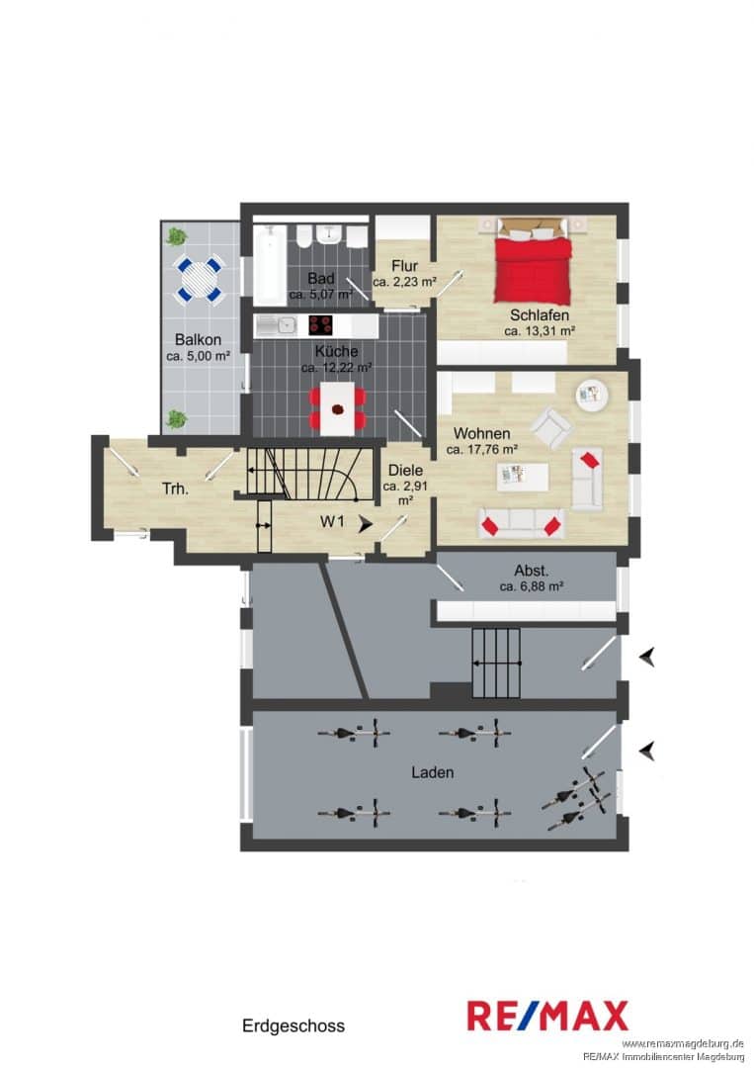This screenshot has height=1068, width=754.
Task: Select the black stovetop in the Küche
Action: [x=320, y=325]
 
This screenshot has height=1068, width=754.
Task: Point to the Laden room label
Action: [x=432, y=772]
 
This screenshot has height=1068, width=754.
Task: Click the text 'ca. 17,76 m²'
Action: [x=482, y=450]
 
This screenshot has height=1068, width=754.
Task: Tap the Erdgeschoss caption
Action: [x=293, y=1025]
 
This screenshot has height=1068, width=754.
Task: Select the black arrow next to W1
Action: [x=366, y=524]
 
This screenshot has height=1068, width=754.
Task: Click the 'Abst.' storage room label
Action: [x=532, y=571]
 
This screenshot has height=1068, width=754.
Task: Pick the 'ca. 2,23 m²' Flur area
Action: [x=404, y=281]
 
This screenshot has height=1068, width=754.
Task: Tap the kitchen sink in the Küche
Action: [x=276, y=325]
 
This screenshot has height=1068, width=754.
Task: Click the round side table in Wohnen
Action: [x=592, y=395]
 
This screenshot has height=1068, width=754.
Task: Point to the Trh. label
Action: [x=176, y=489]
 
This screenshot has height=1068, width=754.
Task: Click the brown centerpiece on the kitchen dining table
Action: [x=338, y=409]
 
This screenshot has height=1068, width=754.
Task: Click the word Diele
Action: [x=405, y=470]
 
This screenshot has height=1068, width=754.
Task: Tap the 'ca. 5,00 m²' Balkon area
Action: [x=198, y=356]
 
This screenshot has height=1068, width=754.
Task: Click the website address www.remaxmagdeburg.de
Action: [x=683, y=1043]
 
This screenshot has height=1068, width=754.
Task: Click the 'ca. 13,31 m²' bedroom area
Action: [x=541, y=331]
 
